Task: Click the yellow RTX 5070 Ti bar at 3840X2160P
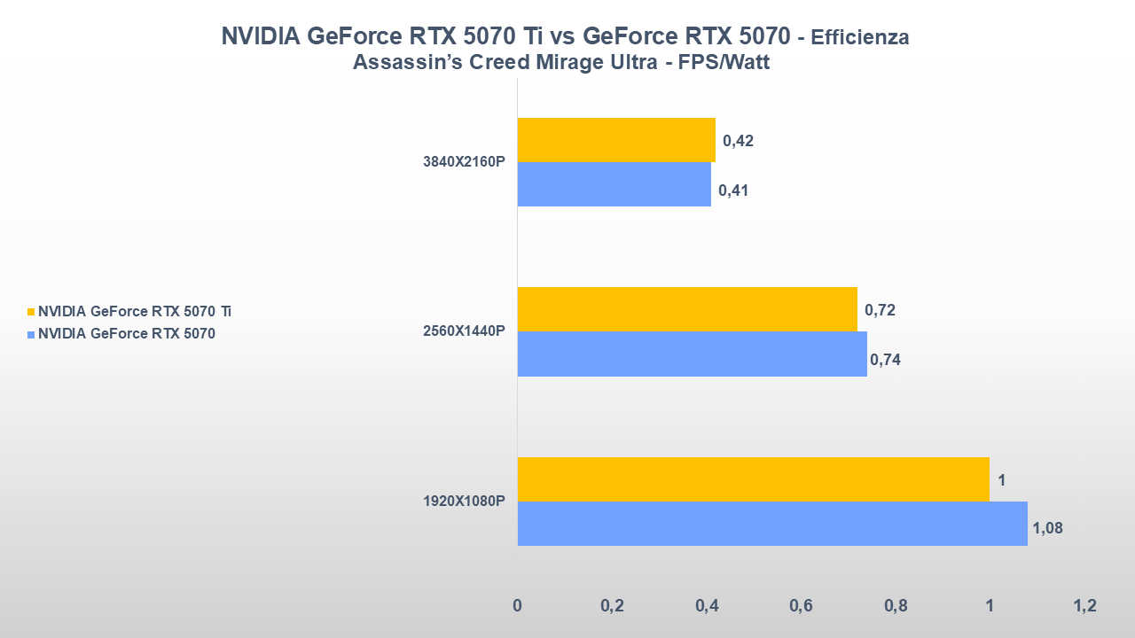[x=616, y=140]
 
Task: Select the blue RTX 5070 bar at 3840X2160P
[x=614, y=184]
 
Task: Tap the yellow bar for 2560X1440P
[x=687, y=309]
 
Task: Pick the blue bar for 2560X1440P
[x=692, y=354]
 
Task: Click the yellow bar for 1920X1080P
[x=753, y=479]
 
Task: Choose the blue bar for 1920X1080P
[x=771, y=524]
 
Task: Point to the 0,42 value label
[x=738, y=141]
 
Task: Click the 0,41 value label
[x=733, y=190]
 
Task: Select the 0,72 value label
[x=880, y=310]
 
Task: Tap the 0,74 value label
[x=885, y=359]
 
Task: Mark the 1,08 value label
[x=1047, y=528]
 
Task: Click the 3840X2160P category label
[x=464, y=162]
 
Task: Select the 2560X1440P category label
[x=464, y=331]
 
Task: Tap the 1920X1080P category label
[x=464, y=502]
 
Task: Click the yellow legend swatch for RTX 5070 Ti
[x=32, y=312]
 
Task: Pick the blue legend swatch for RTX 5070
[x=32, y=334]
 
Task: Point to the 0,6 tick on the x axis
[x=801, y=606]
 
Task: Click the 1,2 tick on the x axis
[x=1084, y=606]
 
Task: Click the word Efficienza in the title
[x=860, y=37]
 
